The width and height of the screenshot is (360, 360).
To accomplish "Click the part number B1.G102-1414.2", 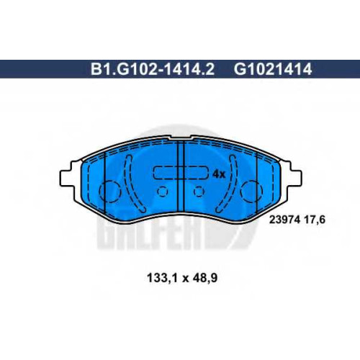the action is click(153, 69).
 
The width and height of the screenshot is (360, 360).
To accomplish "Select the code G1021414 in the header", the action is click(273, 69).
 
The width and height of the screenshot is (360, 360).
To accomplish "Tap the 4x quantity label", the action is click(219, 174).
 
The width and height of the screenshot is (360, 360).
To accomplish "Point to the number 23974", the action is click(284, 220).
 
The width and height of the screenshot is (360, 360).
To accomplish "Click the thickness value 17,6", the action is click(315, 220).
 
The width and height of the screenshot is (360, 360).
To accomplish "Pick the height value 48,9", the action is click(204, 278).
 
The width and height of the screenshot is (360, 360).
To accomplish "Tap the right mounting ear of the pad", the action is click(293, 178).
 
